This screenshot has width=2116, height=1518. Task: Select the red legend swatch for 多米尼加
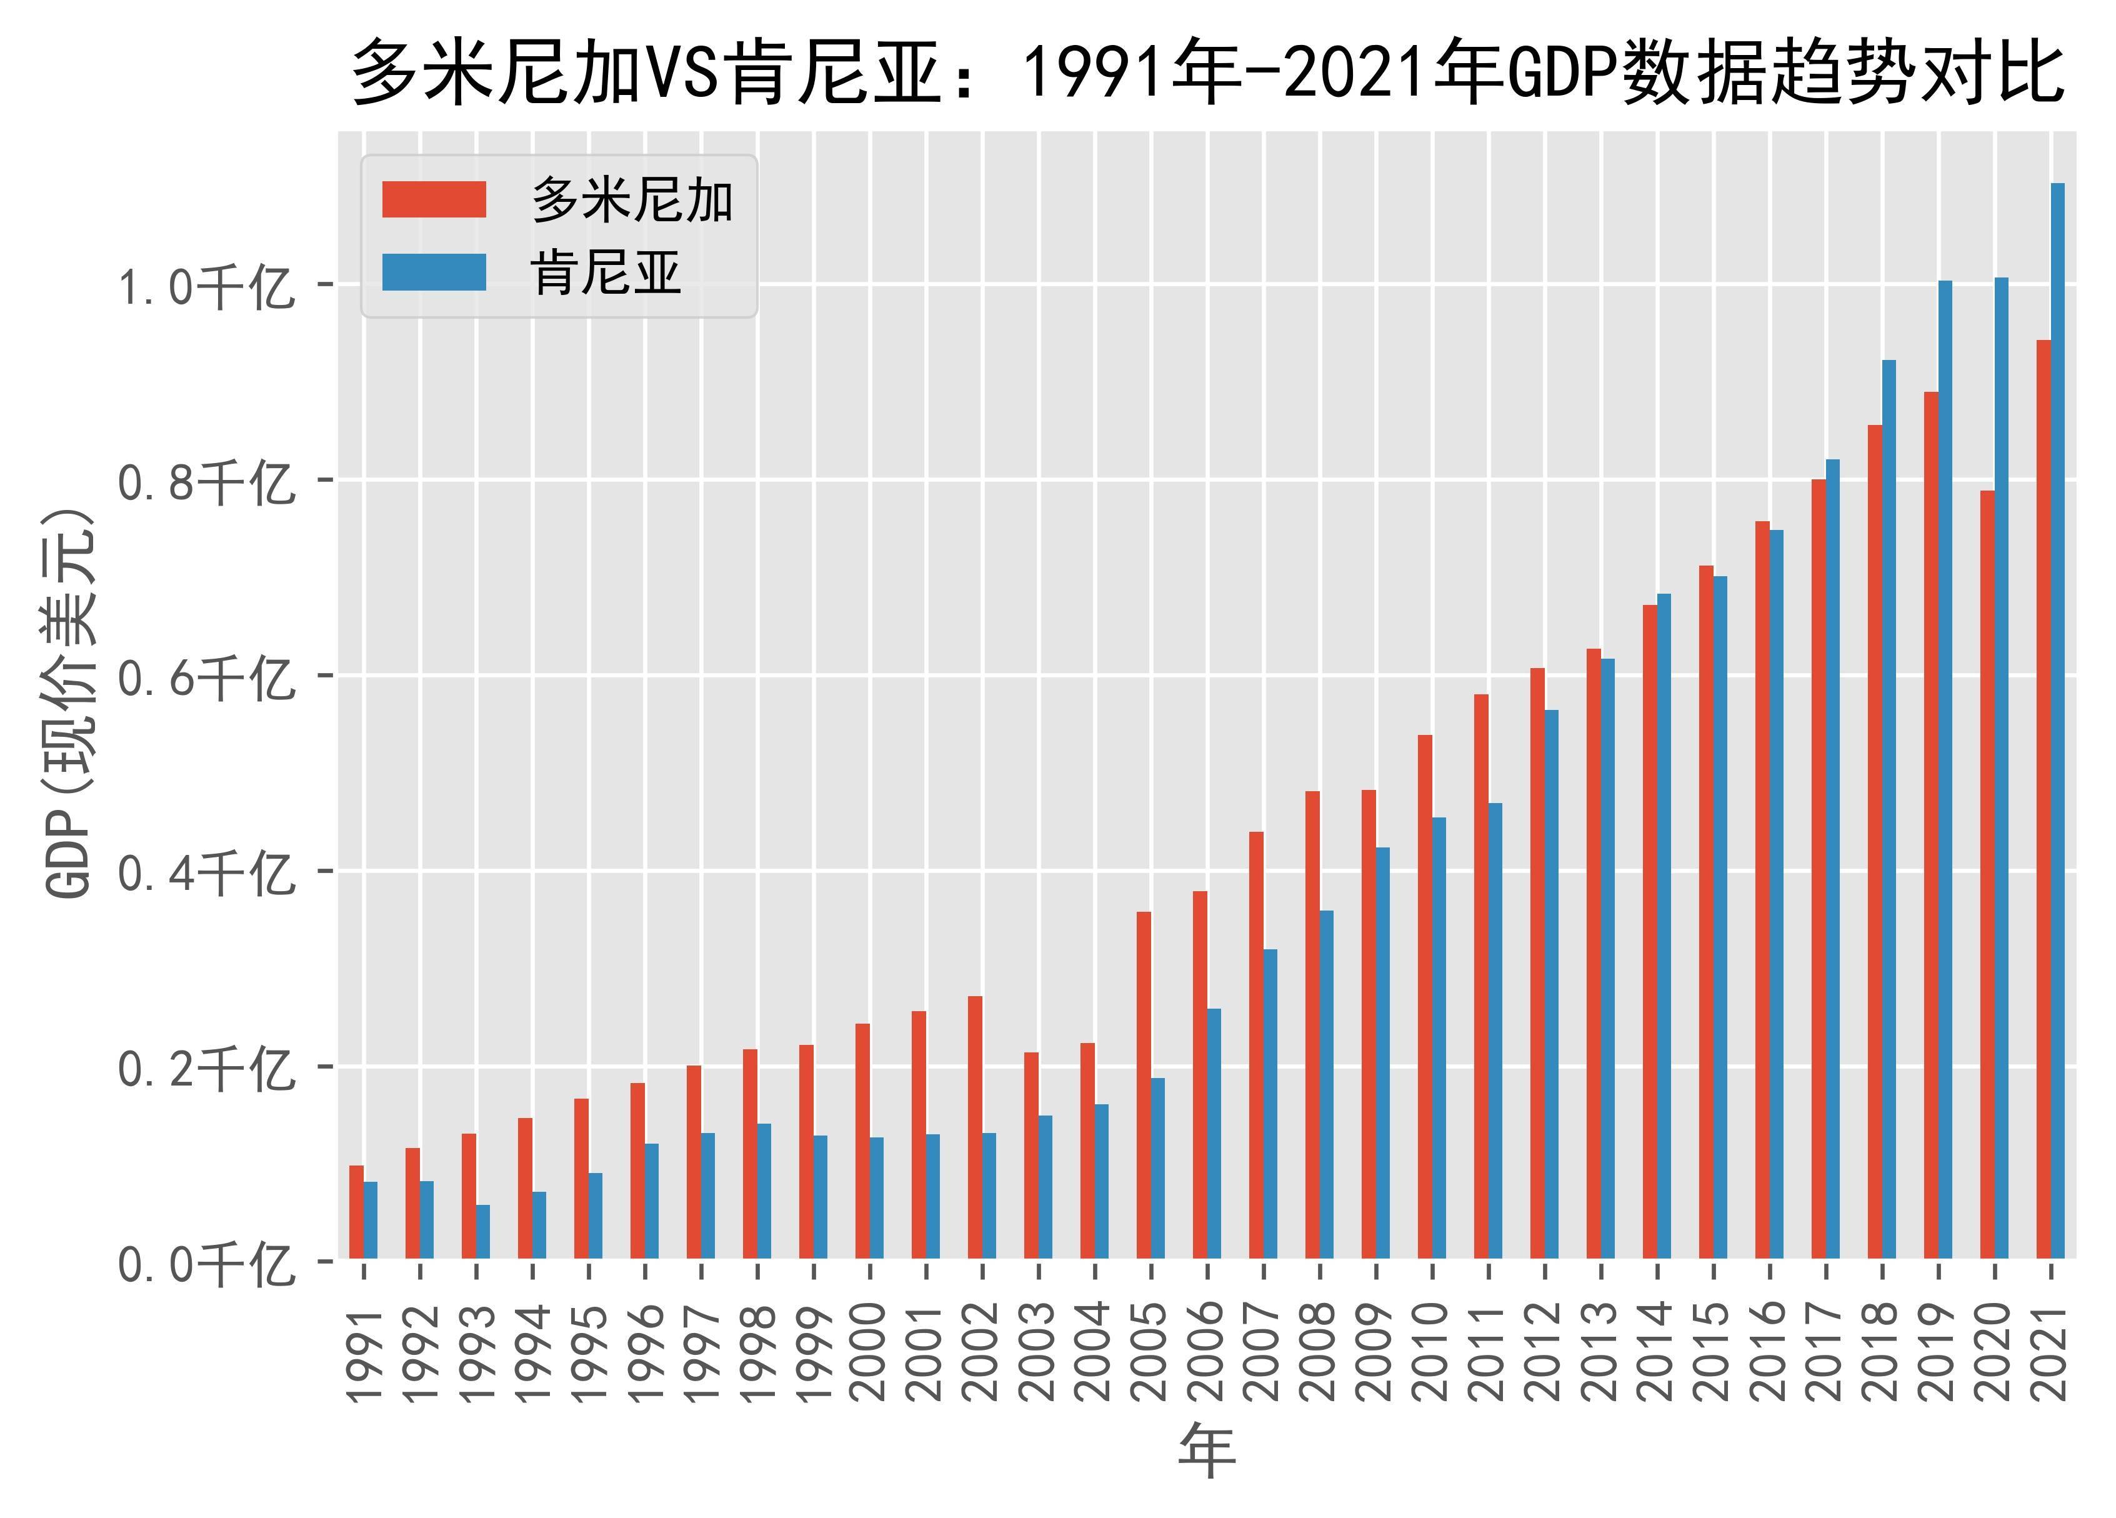434,199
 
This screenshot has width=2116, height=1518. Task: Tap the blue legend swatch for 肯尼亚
434,272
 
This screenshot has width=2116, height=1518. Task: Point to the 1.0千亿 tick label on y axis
204,286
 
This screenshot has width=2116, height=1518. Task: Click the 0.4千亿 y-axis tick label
204,873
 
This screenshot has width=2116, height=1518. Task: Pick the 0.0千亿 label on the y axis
204,1265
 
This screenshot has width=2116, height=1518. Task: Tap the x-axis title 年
1207,1451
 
